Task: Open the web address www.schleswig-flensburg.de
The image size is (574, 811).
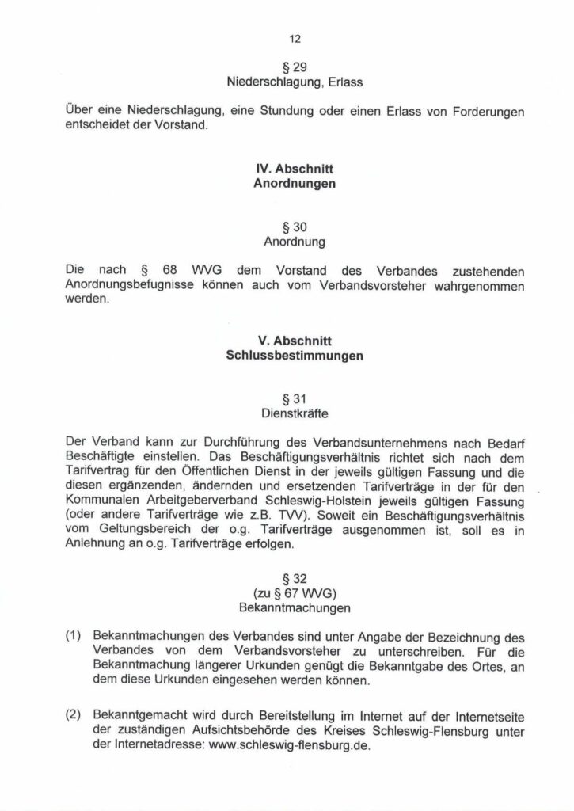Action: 288,745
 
